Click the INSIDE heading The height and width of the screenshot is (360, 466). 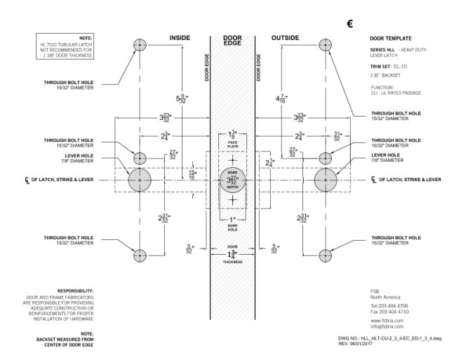(x=180, y=37)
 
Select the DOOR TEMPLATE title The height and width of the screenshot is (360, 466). (x=390, y=38)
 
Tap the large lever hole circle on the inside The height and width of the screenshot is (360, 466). (x=140, y=180)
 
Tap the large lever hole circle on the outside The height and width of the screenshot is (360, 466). (x=326, y=180)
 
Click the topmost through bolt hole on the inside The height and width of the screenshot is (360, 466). (x=140, y=44)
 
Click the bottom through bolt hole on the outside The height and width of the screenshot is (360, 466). (x=326, y=255)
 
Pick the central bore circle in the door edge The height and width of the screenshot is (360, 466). (x=232, y=180)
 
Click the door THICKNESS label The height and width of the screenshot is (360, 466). (x=232, y=262)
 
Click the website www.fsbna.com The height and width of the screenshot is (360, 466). (x=385, y=320)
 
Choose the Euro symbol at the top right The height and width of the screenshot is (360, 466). (x=349, y=23)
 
